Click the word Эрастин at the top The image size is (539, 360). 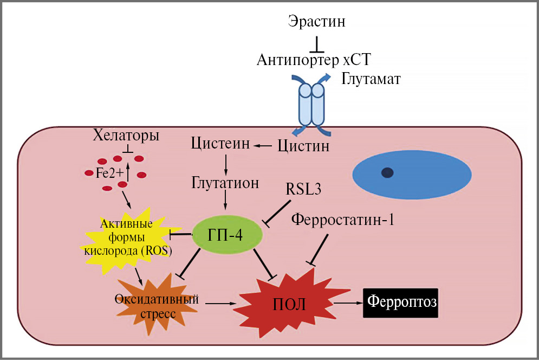[x=317, y=22]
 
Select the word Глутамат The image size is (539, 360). [x=371, y=80]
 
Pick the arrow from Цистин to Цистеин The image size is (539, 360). [x=264, y=145]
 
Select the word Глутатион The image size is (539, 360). [x=225, y=182]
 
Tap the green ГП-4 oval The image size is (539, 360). [x=228, y=234]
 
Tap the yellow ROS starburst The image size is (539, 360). [x=127, y=239]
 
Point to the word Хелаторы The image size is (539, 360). [x=127, y=135]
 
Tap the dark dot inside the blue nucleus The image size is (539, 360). [x=387, y=172]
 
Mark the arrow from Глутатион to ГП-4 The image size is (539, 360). [x=225, y=200]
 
